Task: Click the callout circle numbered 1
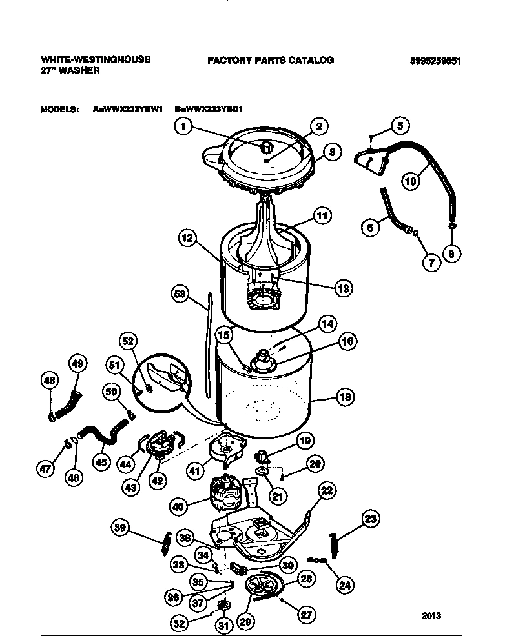pyautogui.click(x=183, y=128)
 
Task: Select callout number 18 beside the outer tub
pyautogui.click(x=345, y=397)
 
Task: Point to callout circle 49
pyautogui.click(x=77, y=364)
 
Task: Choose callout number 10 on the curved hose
pyautogui.click(x=411, y=181)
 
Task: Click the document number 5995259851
pyautogui.click(x=436, y=61)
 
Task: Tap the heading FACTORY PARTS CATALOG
pyautogui.click(x=270, y=60)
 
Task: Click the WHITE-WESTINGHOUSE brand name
pyautogui.click(x=95, y=59)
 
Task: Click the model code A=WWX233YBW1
pyautogui.click(x=127, y=110)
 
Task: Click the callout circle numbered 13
pyautogui.click(x=342, y=288)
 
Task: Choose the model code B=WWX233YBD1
pyautogui.click(x=208, y=110)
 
